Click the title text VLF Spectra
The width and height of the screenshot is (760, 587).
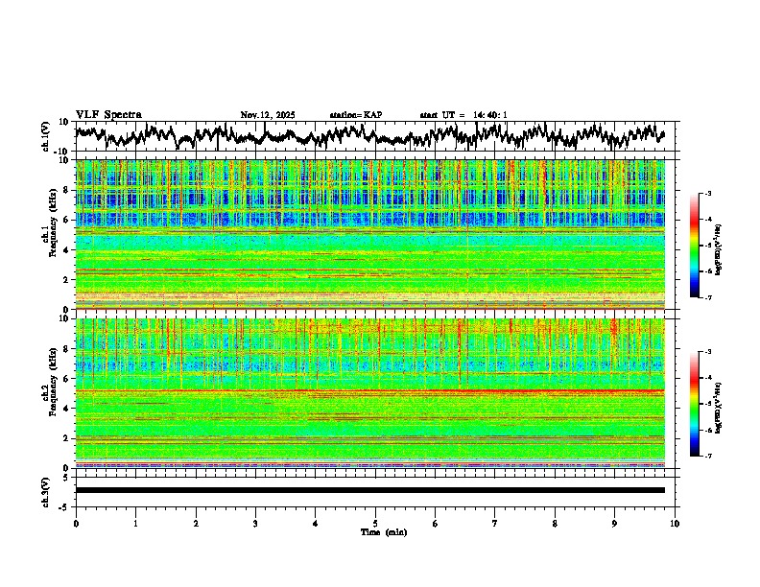click(x=108, y=114)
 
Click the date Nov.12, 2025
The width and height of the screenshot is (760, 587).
click(x=268, y=115)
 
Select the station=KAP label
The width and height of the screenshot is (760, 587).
click(x=355, y=115)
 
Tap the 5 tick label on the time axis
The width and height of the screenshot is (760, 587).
click(x=375, y=523)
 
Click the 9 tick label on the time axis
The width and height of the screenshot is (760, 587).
click(x=614, y=523)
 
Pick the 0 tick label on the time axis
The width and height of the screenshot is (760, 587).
click(x=76, y=523)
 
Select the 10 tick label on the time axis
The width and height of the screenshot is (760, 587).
click(x=675, y=523)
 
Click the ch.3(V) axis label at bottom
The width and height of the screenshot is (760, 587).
click(x=45, y=489)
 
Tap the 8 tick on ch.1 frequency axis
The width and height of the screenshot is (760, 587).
click(x=65, y=190)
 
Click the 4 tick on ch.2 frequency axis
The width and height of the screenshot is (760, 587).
click(x=65, y=409)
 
